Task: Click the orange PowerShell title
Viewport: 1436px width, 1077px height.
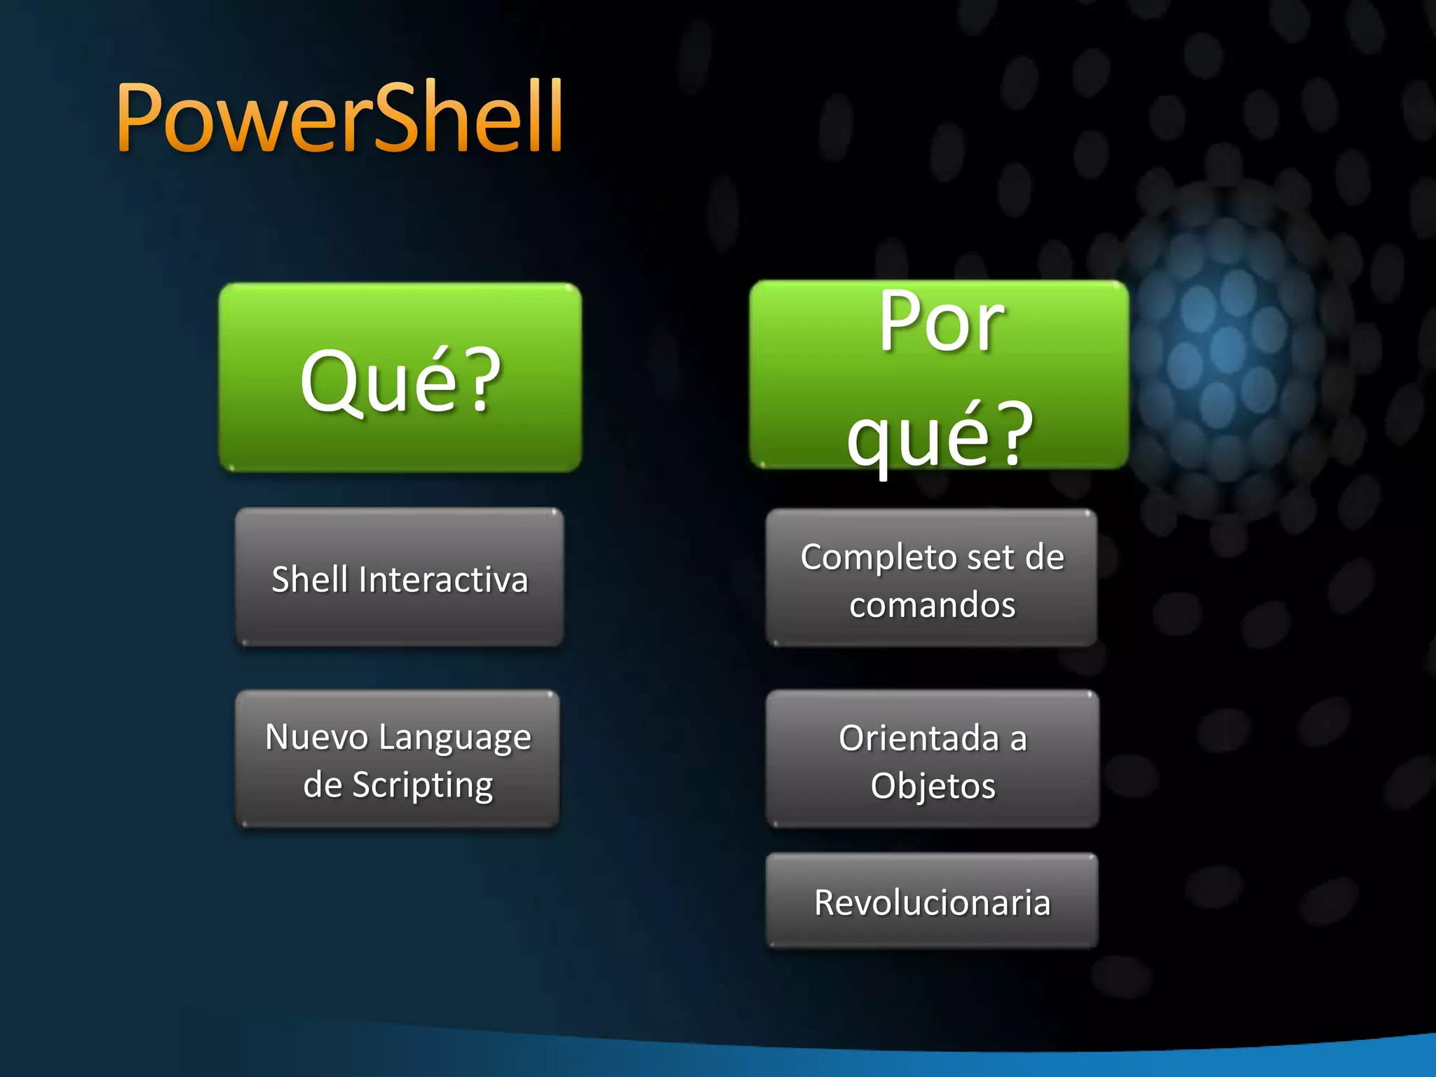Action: click(x=340, y=118)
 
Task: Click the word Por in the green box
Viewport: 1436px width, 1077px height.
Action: click(x=942, y=323)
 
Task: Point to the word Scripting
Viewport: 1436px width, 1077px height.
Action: click(x=423, y=785)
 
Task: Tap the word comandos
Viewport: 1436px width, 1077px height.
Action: click(x=932, y=605)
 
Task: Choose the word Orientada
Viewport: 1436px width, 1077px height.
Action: click(x=919, y=738)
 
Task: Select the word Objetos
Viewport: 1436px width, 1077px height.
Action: click(x=933, y=786)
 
